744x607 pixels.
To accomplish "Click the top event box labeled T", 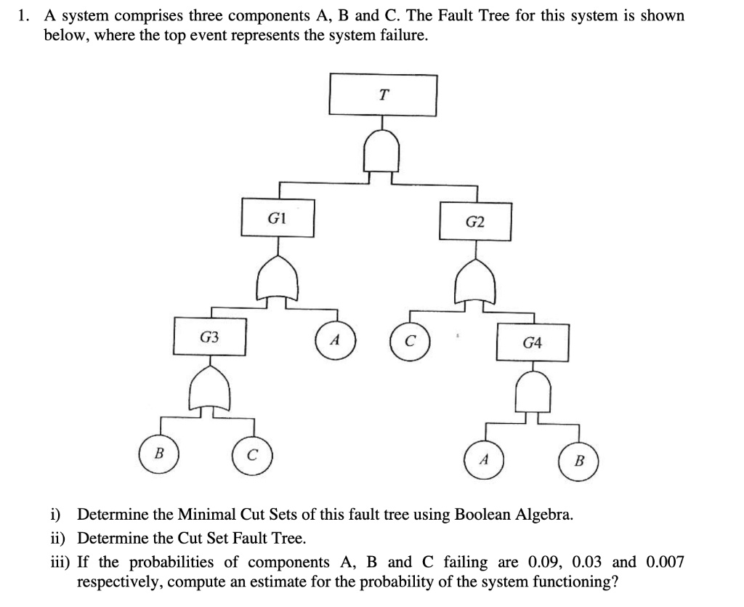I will click(x=383, y=95).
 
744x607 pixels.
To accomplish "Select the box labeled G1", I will click(x=278, y=217).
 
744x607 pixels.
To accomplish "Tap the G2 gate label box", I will click(x=475, y=222).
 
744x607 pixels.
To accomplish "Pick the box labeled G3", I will click(x=209, y=337).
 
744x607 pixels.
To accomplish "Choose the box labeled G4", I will click(x=532, y=342).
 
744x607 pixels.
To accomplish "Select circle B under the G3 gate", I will click(x=160, y=456).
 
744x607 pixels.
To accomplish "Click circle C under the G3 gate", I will click(x=251, y=457).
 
